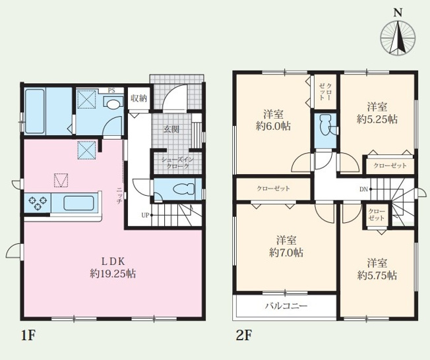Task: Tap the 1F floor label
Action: [28, 335]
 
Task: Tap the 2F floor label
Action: [244, 335]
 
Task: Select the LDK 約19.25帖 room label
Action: [113, 267]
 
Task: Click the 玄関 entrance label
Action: [171, 129]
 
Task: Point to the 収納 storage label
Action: [138, 98]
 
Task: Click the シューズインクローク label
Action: [177, 163]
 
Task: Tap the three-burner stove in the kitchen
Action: [38, 203]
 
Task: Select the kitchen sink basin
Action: [78, 203]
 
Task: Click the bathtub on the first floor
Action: [35, 111]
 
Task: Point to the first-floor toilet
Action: [183, 189]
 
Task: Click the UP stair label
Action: [145, 215]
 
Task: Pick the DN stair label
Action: [363, 189]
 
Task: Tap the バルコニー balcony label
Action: [286, 305]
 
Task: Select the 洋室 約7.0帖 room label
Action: [286, 247]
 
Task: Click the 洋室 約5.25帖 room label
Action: [377, 113]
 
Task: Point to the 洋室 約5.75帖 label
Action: [377, 269]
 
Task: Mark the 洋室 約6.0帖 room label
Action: [274, 120]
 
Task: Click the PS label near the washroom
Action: [111, 91]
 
